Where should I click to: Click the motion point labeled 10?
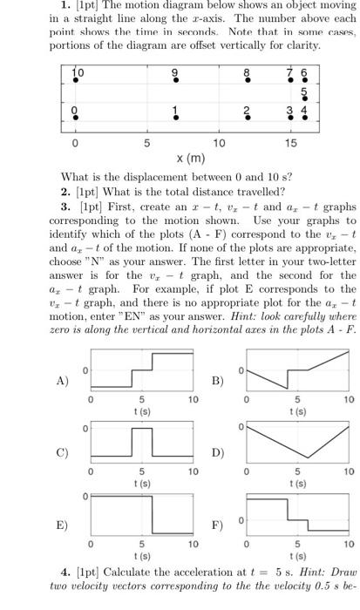tap(75, 79)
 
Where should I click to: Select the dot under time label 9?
tap(175, 79)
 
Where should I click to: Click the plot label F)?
tap(218, 525)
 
